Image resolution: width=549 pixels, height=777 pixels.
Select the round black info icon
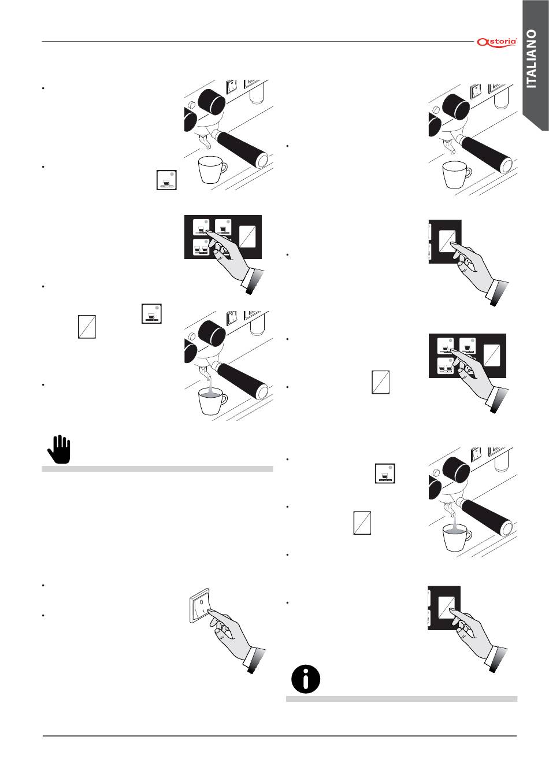coord(306,679)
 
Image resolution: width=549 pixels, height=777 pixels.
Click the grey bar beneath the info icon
coord(402,699)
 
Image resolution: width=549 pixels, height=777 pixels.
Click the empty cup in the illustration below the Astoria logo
coord(456,174)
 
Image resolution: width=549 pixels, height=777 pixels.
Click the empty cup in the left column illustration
coord(212,169)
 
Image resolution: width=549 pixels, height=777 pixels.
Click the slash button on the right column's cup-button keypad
coord(492,354)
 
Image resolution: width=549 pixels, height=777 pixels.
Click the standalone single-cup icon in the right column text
coord(385,473)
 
